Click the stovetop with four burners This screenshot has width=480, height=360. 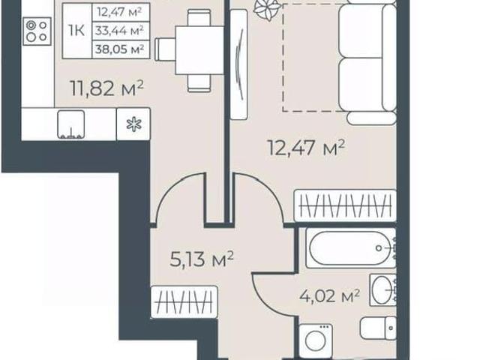[x=37, y=31]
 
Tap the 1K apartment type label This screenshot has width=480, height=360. [x=76, y=31]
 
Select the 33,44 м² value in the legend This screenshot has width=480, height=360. [x=119, y=31]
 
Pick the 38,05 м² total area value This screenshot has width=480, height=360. [x=120, y=49]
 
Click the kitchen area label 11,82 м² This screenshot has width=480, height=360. [x=106, y=88]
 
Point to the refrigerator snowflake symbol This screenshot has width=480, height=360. [x=134, y=124]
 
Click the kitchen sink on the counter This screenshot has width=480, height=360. [x=71, y=124]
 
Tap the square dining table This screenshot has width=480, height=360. [x=200, y=50]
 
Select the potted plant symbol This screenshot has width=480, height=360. [x=267, y=9]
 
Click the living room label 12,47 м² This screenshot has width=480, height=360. [x=307, y=148]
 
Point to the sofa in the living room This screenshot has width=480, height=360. [x=368, y=58]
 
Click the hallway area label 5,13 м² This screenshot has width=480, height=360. [x=202, y=259]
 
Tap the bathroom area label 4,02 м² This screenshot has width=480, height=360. [x=329, y=295]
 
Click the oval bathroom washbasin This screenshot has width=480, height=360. [x=382, y=289]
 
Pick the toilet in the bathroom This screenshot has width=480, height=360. [x=378, y=328]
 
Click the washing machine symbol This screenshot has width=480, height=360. [x=316, y=341]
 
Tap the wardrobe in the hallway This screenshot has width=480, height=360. [x=184, y=301]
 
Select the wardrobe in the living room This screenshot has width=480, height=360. [x=345, y=205]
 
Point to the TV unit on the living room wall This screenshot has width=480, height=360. [x=238, y=64]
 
